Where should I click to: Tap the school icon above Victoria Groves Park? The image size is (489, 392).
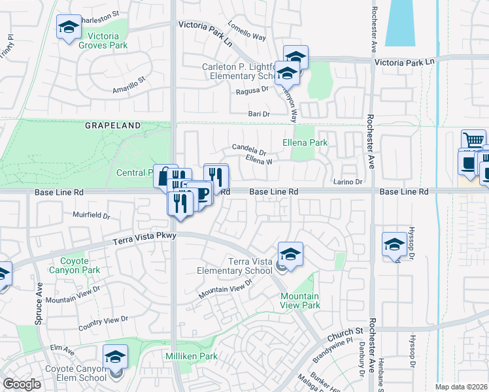click(x=69, y=27)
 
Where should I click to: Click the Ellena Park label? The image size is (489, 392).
click(x=305, y=142)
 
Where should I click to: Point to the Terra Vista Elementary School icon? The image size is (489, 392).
click(x=290, y=255)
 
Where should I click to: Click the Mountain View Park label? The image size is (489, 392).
click(x=300, y=300)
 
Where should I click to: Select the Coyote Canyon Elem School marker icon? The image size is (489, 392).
click(x=115, y=357)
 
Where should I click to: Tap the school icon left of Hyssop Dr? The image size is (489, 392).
click(x=394, y=245)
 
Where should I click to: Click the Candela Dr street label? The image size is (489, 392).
click(x=249, y=149)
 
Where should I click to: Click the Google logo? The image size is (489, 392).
click(x=22, y=384)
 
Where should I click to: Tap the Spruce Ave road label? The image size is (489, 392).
click(x=39, y=304)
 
